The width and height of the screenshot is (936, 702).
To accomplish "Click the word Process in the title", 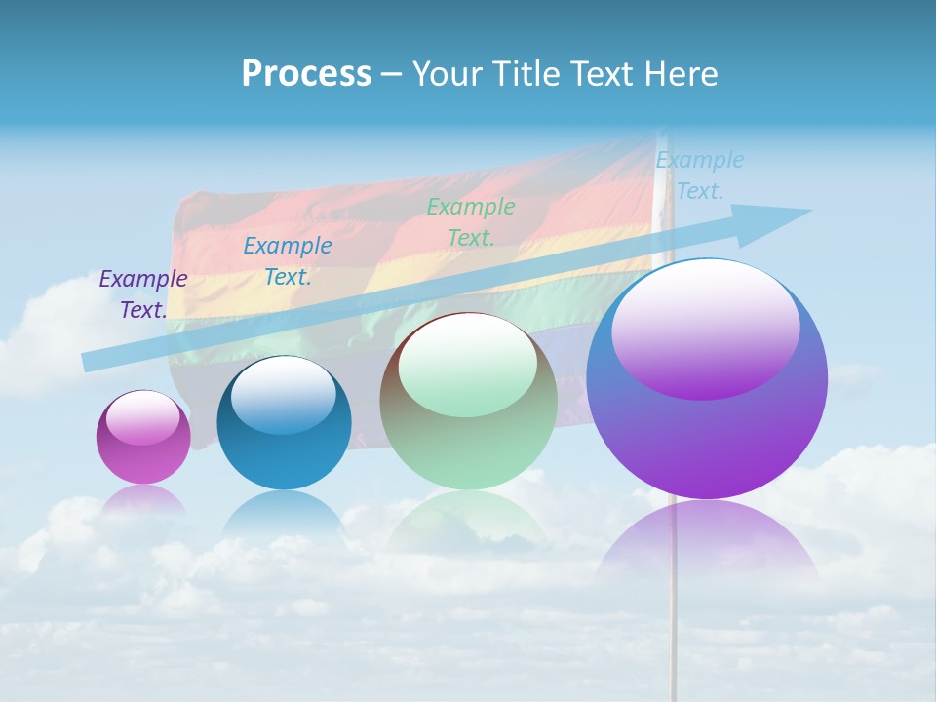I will pyautogui.click(x=306, y=74).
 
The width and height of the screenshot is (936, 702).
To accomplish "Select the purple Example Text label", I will pyautogui.click(x=143, y=294).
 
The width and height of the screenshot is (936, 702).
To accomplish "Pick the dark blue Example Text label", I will pyautogui.click(x=288, y=261).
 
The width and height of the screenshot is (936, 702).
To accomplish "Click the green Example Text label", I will pyautogui.click(x=471, y=222).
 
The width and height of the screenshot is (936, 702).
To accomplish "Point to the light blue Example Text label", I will pyautogui.click(x=700, y=175).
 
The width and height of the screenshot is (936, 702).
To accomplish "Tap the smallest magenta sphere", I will pyautogui.click(x=143, y=458).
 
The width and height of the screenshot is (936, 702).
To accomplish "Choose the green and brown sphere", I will pyautogui.click(x=468, y=448).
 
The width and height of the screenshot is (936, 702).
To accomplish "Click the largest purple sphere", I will pyautogui.click(x=707, y=439).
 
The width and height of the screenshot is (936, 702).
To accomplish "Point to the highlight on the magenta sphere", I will pyautogui.click(x=142, y=418).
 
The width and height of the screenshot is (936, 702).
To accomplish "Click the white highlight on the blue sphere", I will pyautogui.click(x=284, y=396).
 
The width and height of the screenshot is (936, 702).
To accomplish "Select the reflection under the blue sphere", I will pyautogui.click(x=284, y=512).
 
